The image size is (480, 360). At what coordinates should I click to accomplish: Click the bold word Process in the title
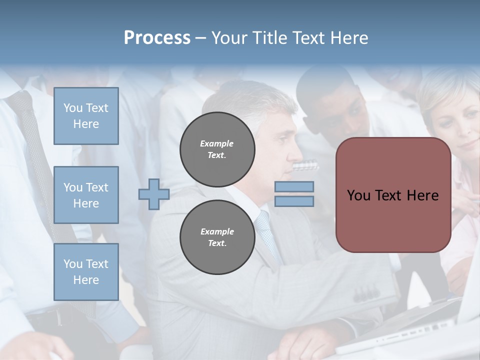157,38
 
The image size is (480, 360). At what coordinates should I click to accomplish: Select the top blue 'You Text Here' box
86,116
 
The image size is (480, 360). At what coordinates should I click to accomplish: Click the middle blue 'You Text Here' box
86,195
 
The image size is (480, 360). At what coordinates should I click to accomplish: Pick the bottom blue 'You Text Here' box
86,271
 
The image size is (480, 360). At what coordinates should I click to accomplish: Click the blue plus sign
153,194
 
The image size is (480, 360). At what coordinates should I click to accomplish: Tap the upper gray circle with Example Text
217,149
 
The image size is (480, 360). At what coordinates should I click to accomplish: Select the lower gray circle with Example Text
217,237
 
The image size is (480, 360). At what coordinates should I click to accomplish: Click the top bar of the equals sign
294,186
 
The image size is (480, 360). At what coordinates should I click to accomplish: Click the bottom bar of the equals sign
294,201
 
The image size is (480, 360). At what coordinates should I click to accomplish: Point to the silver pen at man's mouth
305,165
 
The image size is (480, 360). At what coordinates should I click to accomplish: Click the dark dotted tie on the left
35,150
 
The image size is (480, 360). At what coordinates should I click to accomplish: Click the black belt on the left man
50,316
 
